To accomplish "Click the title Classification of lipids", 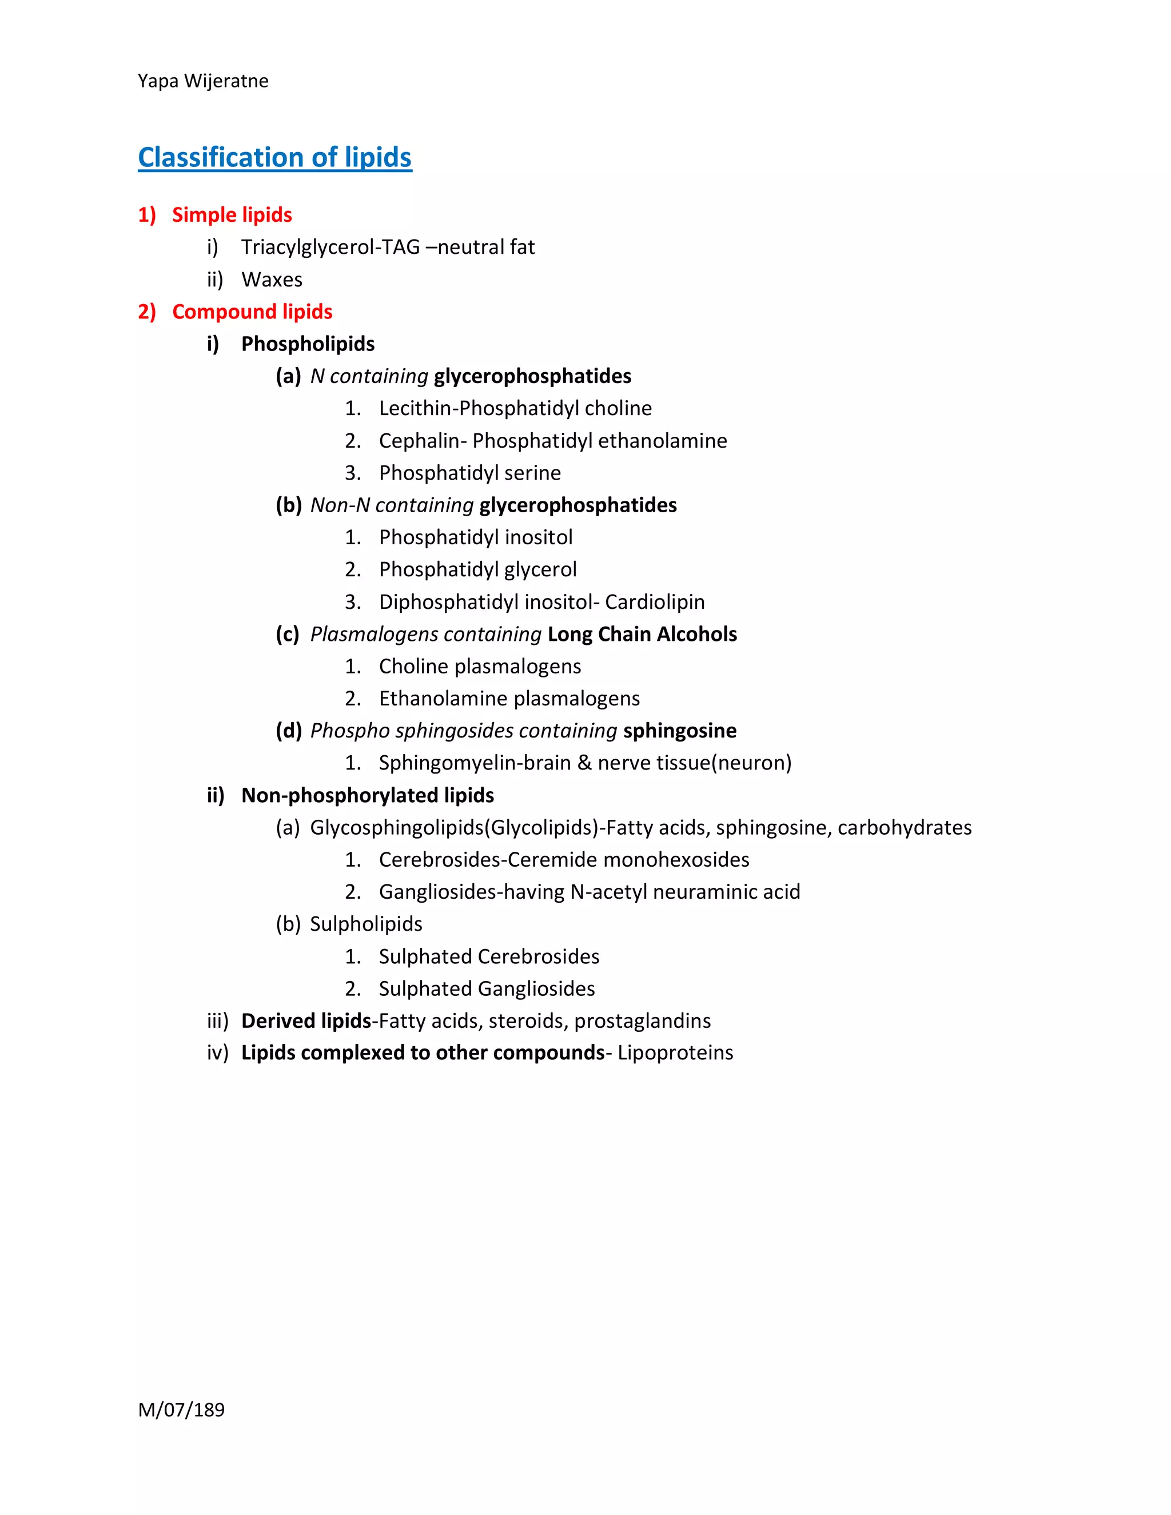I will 274,157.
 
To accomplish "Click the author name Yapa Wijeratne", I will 202,81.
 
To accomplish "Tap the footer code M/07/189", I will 181,1410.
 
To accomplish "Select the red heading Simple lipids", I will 232,215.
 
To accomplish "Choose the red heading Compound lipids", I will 252,312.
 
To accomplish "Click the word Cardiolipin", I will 654,602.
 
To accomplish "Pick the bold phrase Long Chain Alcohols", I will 642,634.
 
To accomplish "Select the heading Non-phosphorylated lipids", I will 367,796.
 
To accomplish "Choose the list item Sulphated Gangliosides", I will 487,989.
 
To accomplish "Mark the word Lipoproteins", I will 675,1053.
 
